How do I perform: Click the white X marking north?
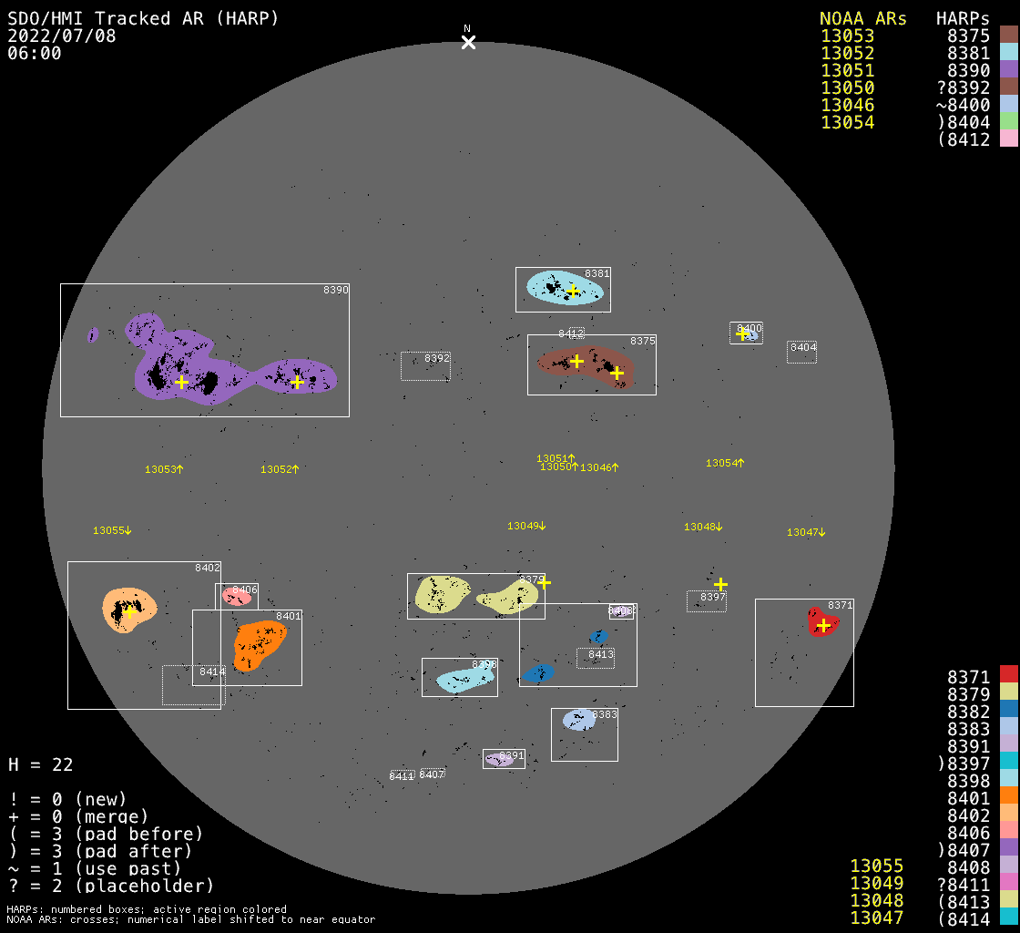(468, 42)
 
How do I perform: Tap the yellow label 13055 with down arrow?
(112, 530)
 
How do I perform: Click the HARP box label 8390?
(336, 290)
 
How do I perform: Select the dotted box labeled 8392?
(425, 366)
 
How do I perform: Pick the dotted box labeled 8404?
(801, 352)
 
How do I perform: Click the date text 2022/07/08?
(62, 36)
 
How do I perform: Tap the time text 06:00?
(35, 54)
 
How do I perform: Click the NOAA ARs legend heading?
(862, 19)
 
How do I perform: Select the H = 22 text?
(41, 764)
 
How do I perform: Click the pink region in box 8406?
(236, 598)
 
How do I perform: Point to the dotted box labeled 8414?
(191, 685)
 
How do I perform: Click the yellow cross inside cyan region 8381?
(573, 291)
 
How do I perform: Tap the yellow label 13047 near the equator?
(806, 532)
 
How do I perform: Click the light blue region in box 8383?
(577, 720)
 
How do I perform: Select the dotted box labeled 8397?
(707, 601)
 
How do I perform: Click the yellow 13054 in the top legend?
(847, 123)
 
